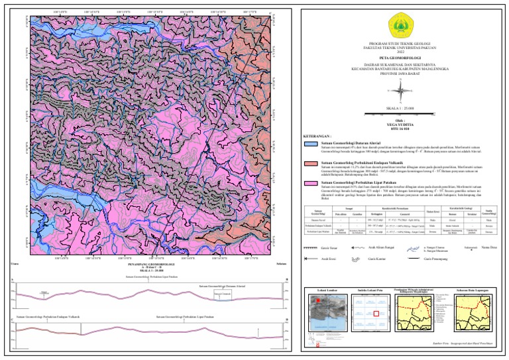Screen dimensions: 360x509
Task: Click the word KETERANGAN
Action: click(317, 135)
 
